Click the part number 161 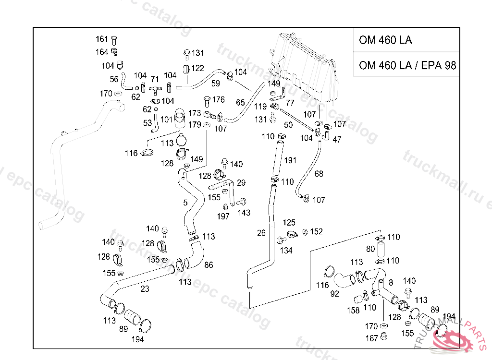click(x=102, y=39)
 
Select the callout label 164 click(x=102, y=52)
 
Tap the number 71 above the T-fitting click(x=155, y=79)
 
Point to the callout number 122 click(x=197, y=68)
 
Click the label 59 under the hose click(x=216, y=84)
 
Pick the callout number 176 click(x=218, y=100)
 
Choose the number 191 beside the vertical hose click(x=291, y=160)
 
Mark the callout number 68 click(x=319, y=174)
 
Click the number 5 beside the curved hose click(x=185, y=203)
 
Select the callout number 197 click(x=223, y=216)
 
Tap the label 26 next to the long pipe click(x=261, y=233)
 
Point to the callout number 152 click(x=316, y=232)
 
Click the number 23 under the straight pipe click(x=145, y=289)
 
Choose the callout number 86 click(x=209, y=265)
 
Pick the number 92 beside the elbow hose click(x=335, y=293)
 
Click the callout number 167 click(x=371, y=338)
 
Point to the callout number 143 click(x=244, y=213)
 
